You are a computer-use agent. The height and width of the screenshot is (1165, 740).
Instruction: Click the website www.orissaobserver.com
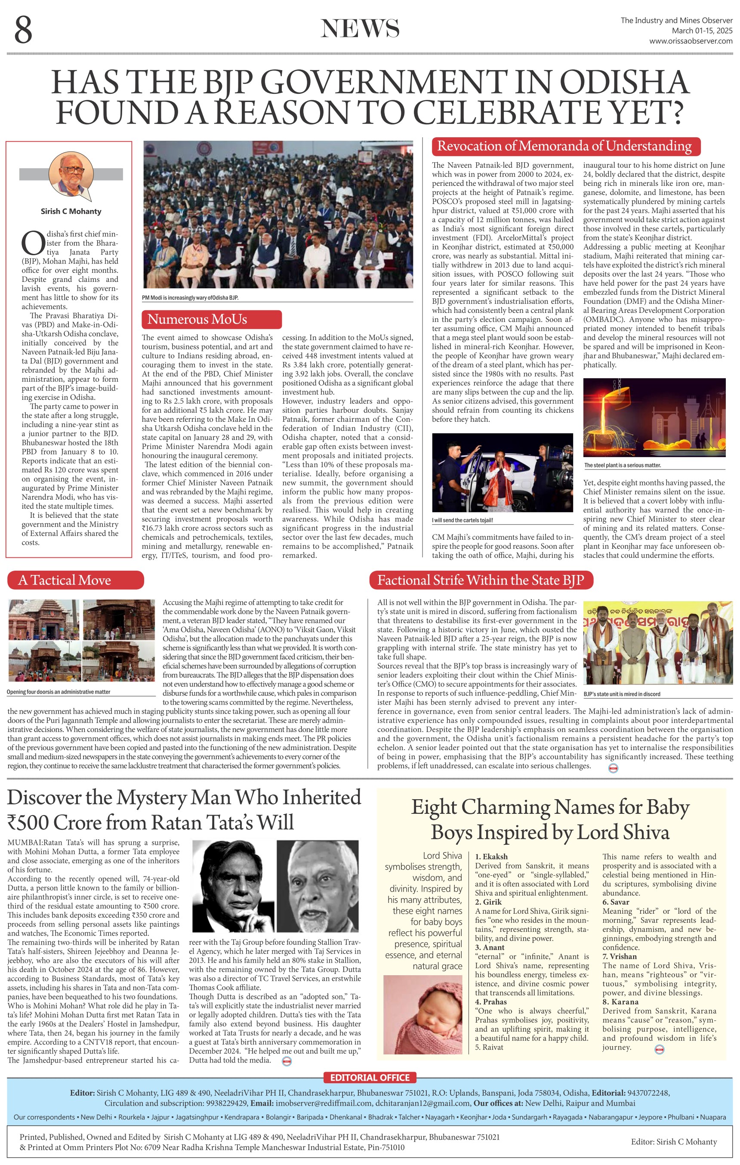(x=690, y=41)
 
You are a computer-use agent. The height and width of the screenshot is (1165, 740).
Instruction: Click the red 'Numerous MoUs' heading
(x=211, y=319)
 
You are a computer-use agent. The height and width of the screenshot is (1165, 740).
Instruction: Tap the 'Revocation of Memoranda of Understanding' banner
(x=564, y=145)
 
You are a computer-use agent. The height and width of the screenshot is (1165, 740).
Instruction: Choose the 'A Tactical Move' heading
(x=75, y=580)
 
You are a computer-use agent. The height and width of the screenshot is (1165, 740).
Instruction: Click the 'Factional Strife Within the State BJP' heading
(x=481, y=580)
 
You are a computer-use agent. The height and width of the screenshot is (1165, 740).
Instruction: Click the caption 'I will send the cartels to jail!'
(x=462, y=521)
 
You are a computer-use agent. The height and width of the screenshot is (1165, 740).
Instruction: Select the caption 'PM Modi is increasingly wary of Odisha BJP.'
(x=190, y=298)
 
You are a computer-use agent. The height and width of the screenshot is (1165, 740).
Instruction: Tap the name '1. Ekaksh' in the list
(x=491, y=856)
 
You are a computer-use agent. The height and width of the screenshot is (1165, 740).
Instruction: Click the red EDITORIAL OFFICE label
(x=370, y=1078)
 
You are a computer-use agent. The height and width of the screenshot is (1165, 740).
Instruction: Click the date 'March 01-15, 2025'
(x=702, y=31)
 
